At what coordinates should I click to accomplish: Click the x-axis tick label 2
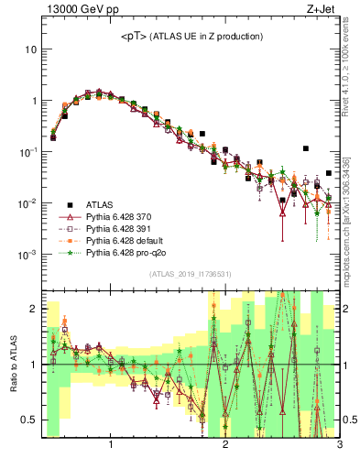225,449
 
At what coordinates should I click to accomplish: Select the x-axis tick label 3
338,449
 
